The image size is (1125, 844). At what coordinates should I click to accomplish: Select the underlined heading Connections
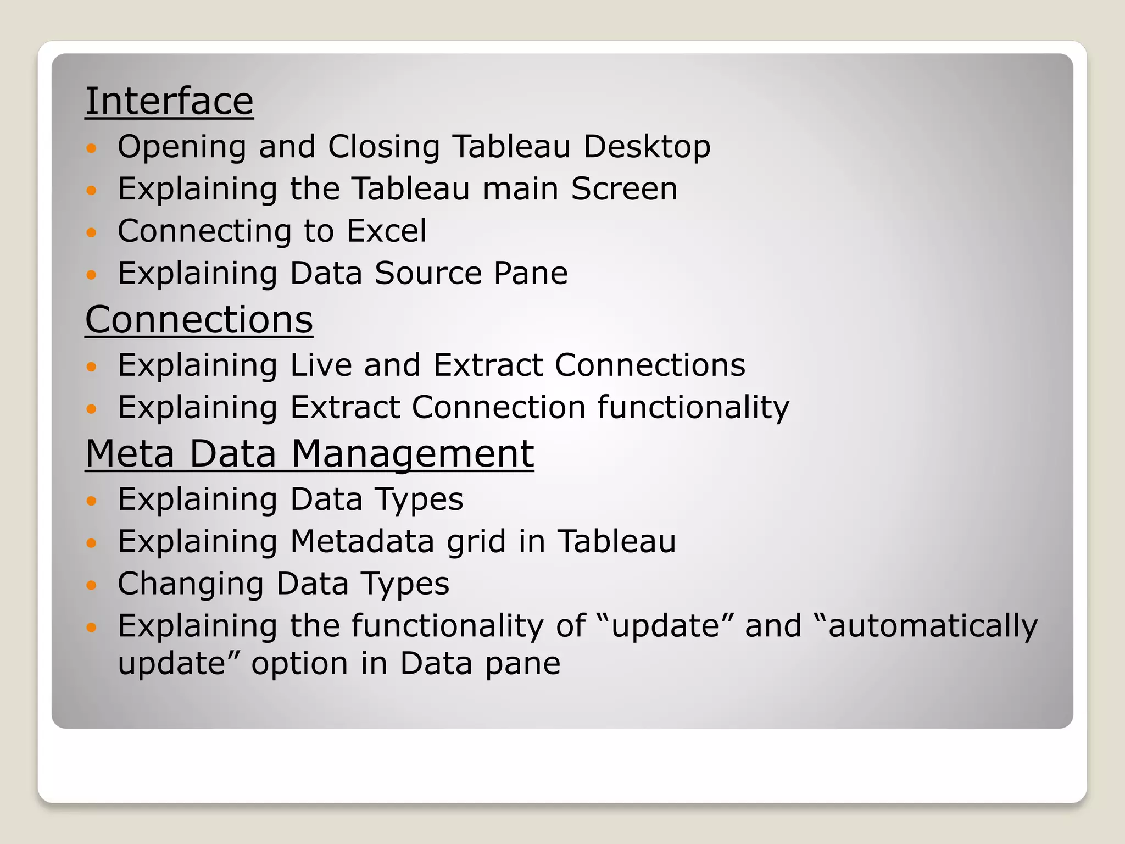199,319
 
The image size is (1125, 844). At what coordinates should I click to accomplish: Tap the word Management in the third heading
412,454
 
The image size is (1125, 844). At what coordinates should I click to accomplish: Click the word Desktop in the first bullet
647,147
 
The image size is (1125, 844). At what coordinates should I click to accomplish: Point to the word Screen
624,189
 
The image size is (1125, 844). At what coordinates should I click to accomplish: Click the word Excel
386,231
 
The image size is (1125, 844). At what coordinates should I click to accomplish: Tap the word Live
321,365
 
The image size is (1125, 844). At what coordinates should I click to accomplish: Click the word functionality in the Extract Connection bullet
693,408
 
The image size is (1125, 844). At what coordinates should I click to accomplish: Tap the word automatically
933,626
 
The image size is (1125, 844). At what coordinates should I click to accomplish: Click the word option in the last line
299,664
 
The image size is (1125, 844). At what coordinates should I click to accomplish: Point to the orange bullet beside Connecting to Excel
92,232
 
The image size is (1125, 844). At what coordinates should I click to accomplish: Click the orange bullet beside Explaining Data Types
92,501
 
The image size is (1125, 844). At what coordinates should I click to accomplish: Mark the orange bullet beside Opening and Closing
92,148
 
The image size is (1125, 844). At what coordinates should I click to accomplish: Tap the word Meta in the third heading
130,454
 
